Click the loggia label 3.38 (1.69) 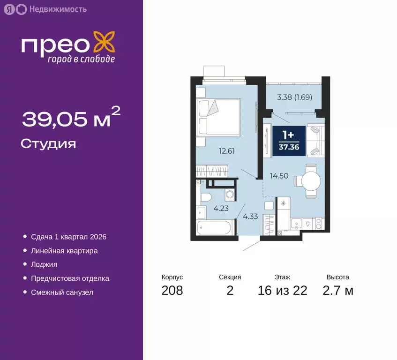(x=294, y=97)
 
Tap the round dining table (x=311, y=181)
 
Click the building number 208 (x=172, y=291)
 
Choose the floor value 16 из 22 (x=282, y=291)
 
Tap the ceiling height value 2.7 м (x=337, y=291)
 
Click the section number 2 (x=230, y=291)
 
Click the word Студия (x=48, y=143)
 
